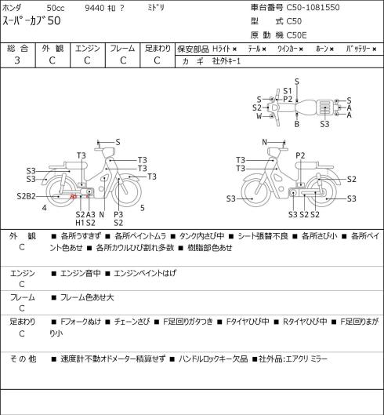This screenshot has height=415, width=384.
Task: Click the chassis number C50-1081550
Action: (313, 7)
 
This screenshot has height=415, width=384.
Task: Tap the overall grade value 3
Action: (17, 60)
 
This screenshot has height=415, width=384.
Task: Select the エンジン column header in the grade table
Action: (88, 49)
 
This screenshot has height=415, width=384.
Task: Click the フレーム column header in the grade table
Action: (122, 49)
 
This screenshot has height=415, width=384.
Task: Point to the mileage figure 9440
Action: (95, 8)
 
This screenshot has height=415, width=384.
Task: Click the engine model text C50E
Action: (296, 35)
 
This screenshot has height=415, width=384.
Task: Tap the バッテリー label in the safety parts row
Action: (358, 49)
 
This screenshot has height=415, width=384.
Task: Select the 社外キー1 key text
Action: (226, 61)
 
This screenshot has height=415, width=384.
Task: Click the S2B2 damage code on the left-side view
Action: (26, 196)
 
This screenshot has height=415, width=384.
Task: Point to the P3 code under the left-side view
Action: (118, 214)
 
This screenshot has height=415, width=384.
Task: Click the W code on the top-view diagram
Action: (259, 116)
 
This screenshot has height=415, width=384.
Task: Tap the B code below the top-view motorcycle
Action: (297, 124)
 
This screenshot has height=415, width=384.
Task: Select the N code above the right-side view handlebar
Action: (264, 142)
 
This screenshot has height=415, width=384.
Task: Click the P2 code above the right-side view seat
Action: (300, 155)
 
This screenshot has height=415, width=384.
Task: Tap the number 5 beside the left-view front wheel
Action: (143, 208)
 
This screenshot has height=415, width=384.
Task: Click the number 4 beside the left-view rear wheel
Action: (45, 208)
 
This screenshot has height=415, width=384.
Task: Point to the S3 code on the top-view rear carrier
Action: (324, 124)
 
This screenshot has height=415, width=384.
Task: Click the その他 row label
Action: (23, 359)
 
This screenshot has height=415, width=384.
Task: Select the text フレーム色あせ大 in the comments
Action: (87, 297)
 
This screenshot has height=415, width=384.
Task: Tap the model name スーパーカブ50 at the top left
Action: (31, 21)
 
